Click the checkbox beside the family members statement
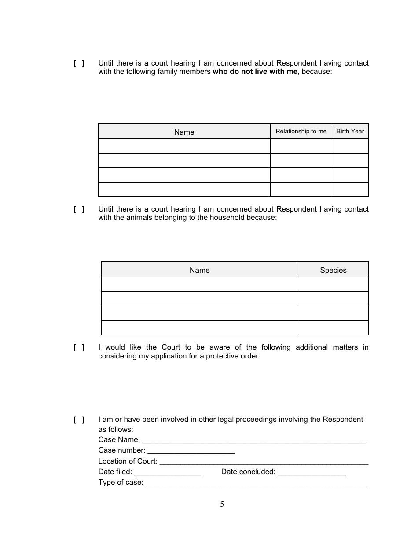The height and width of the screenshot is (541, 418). (79, 63)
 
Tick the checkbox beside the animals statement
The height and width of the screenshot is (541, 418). (79, 209)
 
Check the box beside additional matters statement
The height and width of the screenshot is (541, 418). (79, 347)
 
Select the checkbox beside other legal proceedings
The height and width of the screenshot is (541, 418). (79, 420)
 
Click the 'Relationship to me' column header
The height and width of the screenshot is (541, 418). (301, 131)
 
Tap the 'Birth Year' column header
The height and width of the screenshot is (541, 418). (350, 131)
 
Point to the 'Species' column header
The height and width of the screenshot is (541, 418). (333, 270)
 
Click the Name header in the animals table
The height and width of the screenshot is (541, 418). (199, 270)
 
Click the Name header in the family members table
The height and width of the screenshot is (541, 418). (184, 132)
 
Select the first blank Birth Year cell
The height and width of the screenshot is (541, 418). (350, 146)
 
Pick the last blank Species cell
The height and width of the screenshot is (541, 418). (333, 328)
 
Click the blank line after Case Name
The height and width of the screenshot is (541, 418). (254, 440)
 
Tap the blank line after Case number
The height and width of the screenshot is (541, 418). (191, 450)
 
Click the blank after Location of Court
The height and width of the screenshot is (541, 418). (264, 461)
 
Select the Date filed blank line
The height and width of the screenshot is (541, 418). (168, 472)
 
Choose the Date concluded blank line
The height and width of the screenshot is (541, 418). (312, 472)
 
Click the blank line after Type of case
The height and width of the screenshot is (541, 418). (257, 483)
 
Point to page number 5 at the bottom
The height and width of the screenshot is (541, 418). (222, 504)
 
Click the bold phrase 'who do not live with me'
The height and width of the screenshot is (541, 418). (255, 72)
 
